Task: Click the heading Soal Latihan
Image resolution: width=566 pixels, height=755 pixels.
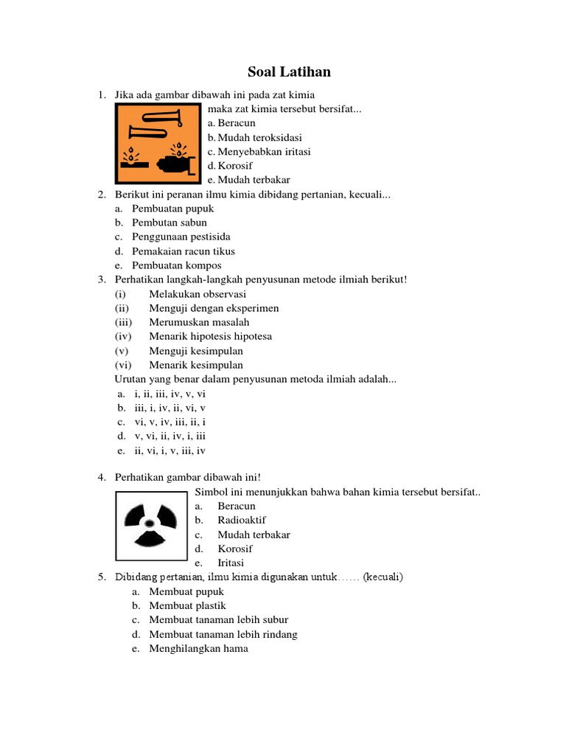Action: (x=288, y=72)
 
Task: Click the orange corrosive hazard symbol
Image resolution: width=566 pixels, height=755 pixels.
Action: (x=158, y=143)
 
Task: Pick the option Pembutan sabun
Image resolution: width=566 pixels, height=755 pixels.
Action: (x=170, y=223)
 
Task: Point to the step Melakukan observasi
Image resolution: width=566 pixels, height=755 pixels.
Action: (x=198, y=294)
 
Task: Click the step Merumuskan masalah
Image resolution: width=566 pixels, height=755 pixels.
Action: (x=199, y=322)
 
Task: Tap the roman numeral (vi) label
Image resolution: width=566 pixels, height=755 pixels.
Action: (x=123, y=365)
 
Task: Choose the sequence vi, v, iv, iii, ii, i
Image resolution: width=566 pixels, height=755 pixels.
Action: (x=170, y=422)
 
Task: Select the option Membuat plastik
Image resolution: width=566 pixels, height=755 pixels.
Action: (x=187, y=605)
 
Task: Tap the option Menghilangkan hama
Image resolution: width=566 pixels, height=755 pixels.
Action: (x=198, y=648)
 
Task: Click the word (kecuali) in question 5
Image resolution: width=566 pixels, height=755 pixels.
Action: (x=383, y=577)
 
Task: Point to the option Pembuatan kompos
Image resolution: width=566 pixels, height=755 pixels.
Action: (x=177, y=265)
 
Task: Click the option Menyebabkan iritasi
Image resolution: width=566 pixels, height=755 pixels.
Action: (x=264, y=151)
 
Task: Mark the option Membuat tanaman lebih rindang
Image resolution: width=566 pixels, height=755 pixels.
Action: (x=223, y=634)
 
